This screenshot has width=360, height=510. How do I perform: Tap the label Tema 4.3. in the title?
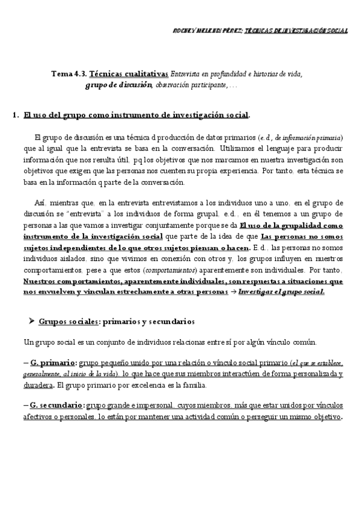click(69, 74)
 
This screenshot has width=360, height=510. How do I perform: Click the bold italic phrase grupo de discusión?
click(118, 85)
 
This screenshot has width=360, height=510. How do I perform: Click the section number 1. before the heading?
click(16, 114)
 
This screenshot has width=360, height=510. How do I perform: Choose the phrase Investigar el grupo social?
click(281, 292)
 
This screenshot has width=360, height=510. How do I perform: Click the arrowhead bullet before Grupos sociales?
click(31, 322)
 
